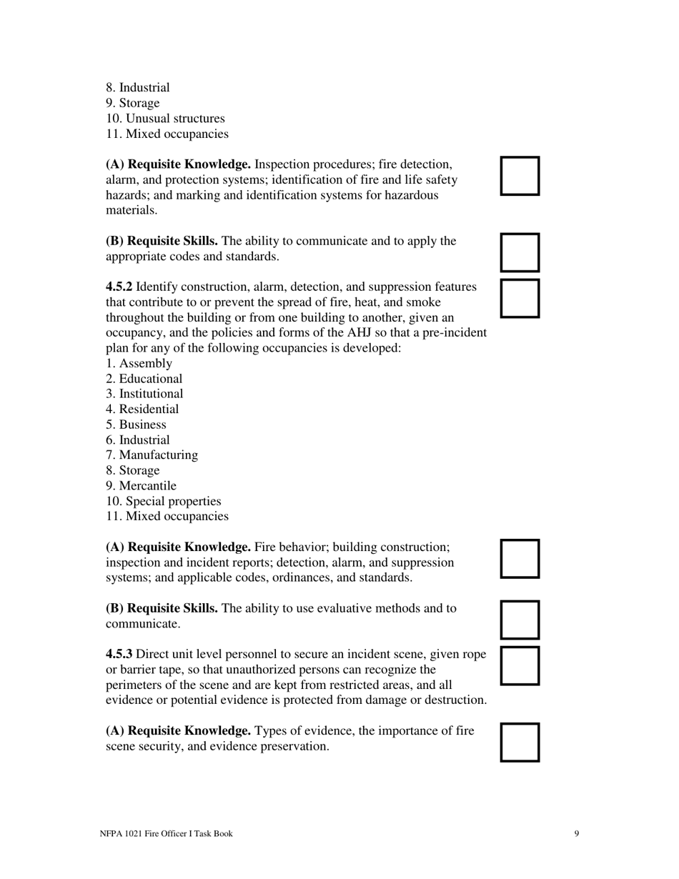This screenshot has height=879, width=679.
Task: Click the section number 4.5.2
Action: pos(119,287)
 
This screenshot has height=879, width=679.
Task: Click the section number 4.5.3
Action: pos(119,655)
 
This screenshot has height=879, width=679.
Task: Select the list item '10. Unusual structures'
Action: pos(165,119)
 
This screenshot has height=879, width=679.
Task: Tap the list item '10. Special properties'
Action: pos(164,502)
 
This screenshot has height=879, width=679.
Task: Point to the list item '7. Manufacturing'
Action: pos(152,455)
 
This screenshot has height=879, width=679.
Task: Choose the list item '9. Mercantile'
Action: pos(141,486)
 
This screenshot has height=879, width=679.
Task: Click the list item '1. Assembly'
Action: pos(139,364)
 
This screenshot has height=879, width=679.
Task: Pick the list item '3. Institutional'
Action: pos(144,394)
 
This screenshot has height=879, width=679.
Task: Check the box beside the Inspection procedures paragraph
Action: pos(520,176)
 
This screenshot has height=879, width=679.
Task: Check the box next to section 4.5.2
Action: pos(520,298)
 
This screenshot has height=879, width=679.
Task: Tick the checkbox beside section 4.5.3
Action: pos(520,666)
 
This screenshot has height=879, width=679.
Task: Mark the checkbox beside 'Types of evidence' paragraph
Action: pos(520,743)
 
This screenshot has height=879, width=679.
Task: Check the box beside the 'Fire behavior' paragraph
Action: pos(520,559)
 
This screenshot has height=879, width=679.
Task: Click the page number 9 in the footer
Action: pos(576,833)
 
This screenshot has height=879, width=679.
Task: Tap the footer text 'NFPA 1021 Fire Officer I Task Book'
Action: pos(166,833)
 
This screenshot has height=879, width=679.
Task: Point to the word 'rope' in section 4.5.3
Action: pos(475,655)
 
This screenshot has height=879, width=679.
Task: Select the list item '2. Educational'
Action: pos(144,379)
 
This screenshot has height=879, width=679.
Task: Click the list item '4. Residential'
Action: pos(142,409)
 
